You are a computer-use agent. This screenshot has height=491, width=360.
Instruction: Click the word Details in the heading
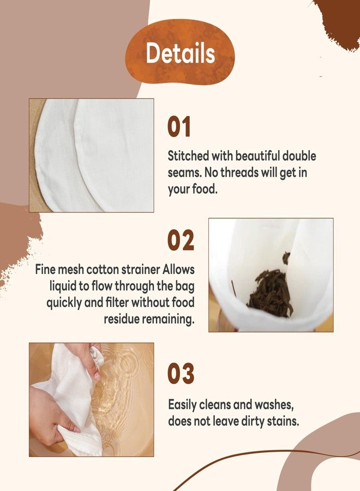coord(181,53)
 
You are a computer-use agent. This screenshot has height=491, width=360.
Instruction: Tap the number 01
coord(179,127)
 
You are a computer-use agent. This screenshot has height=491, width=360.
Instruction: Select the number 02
coord(181,240)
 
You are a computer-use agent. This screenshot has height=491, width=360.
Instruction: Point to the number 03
coord(181,373)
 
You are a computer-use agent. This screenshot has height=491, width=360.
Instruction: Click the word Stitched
coord(188,155)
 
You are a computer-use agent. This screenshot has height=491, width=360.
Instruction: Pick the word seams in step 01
coord(185,173)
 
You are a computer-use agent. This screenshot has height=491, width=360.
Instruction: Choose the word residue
coord(121,319)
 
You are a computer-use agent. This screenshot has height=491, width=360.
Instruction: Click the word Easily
coord(183,405)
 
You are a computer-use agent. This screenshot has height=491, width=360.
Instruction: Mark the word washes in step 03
coord(274,405)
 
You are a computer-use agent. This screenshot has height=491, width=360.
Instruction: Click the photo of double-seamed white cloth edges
coord(92,155)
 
